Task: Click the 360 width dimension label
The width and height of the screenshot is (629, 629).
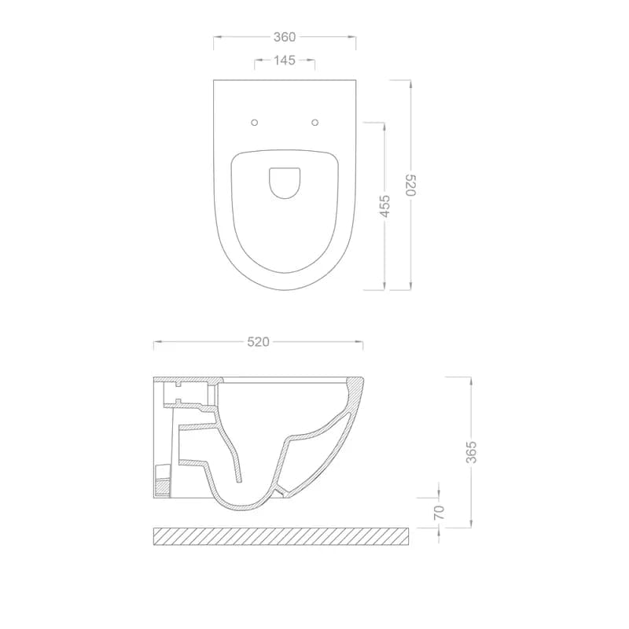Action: coord(285,37)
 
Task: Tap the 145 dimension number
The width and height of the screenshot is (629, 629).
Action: coord(285,61)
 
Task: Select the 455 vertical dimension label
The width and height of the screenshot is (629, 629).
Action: coord(384,206)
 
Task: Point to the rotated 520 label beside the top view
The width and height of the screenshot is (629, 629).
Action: coord(411,185)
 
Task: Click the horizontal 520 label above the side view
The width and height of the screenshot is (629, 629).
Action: coord(259,342)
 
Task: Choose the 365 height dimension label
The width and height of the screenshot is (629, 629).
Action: coord(471,452)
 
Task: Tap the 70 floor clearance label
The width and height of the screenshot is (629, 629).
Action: coord(440,513)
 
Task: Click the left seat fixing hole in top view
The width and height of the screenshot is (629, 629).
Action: coord(254,123)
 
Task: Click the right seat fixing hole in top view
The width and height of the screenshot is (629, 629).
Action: coord(315,123)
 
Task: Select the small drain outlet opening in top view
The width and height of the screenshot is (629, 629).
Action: coord(285,183)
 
